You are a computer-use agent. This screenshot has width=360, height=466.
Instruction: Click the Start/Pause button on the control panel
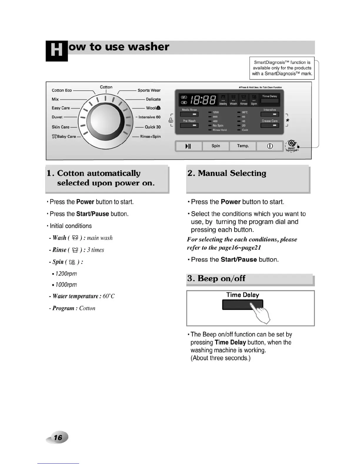[188, 146]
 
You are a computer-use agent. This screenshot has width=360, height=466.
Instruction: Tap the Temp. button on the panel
[243, 146]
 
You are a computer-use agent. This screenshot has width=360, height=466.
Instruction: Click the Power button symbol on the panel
[270, 146]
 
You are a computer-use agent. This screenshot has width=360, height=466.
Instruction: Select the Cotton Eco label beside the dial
[62, 90]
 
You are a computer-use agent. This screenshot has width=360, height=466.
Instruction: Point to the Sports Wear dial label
[149, 90]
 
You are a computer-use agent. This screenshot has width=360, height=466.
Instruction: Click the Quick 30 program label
[153, 127]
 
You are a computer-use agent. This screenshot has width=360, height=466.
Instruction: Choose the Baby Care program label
[64, 137]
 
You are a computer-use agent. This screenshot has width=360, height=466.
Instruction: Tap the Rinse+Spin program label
[150, 137]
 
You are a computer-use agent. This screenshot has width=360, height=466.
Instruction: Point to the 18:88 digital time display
[203, 100]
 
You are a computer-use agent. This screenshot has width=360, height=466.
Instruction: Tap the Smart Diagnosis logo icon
[292, 145]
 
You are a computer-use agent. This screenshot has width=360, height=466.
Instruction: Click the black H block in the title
[56, 51]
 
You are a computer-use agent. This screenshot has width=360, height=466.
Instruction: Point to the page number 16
[58, 437]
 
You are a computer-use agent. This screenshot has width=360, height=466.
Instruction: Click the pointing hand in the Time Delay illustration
[261, 314]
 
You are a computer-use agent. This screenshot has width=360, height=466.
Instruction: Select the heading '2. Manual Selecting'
[227, 173]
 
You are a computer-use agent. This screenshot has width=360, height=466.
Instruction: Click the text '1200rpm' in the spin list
[66, 274]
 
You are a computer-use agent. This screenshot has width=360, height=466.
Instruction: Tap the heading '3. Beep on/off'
[216, 278]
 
